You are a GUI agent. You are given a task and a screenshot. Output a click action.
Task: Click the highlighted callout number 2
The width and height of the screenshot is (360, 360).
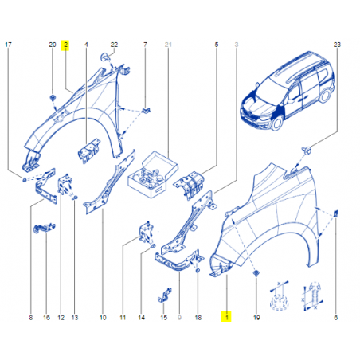(x=65, y=45)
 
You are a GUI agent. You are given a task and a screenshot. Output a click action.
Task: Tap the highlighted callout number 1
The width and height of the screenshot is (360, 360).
(x=226, y=317)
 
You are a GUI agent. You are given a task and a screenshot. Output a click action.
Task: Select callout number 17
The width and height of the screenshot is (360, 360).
(x=8, y=45)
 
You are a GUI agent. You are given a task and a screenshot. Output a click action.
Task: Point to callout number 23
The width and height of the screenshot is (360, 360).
(x=337, y=45)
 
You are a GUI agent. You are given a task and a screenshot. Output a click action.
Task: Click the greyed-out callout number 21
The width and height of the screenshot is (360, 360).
(x=168, y=45)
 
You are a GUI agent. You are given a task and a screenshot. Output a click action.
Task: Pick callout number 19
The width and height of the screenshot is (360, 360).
(x=256, y=317)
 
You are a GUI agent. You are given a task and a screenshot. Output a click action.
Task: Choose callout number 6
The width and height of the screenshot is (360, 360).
(x=335, y=317)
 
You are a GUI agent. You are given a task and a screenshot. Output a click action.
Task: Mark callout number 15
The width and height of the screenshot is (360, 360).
(x=164, y=317)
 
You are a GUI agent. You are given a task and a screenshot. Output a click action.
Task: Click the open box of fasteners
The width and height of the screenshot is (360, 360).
(x=153, y=174)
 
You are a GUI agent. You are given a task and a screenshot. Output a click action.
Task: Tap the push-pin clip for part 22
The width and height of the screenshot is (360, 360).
(x=105, y=57)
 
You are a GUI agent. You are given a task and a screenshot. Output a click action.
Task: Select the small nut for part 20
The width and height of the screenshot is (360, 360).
(x=53, y=98)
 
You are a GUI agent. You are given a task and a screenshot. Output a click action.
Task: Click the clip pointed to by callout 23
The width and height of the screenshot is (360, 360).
(x=307, y=151)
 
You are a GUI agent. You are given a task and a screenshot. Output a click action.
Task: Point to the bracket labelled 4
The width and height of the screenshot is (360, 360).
(x=89, y=150)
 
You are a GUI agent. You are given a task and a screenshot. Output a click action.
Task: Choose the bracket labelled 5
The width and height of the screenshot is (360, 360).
(x=190, y=185)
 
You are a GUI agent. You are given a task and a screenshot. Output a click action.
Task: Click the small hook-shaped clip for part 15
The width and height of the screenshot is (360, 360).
(x=164, y=295)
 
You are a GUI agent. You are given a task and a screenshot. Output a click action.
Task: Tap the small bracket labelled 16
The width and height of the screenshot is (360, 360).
(x=45, y=229)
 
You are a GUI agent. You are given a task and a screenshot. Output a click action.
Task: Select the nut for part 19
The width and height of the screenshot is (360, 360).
(x=256, y=273)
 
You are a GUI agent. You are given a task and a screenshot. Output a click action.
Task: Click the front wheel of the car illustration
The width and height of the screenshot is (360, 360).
(x=277, y=123)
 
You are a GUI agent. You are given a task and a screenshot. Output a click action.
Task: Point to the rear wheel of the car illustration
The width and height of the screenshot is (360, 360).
(x=325, y=96)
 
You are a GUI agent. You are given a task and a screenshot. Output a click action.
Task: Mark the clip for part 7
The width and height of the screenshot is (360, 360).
(x=146, y=110)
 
